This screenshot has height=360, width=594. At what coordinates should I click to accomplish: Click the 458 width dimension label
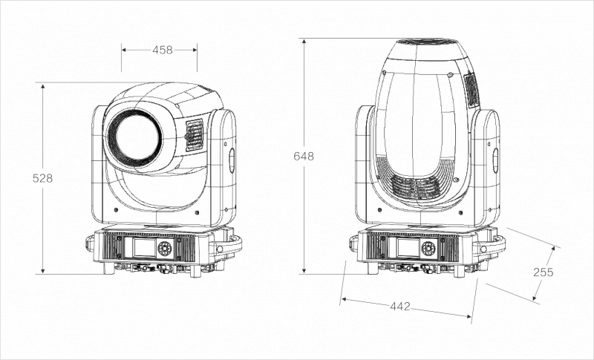[162, 50]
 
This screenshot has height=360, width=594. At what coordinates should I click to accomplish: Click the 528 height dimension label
[42, 178]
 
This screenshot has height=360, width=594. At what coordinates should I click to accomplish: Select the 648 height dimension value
[304, 156]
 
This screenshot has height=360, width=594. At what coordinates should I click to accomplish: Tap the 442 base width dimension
[400, 306]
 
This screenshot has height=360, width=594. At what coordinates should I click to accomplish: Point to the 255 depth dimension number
[544, 272]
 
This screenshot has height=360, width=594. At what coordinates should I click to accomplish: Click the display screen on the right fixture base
[408, 247]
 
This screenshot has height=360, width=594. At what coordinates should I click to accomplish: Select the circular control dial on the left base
[165, 249]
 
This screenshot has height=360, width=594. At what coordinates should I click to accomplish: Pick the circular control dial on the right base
[428, 249]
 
